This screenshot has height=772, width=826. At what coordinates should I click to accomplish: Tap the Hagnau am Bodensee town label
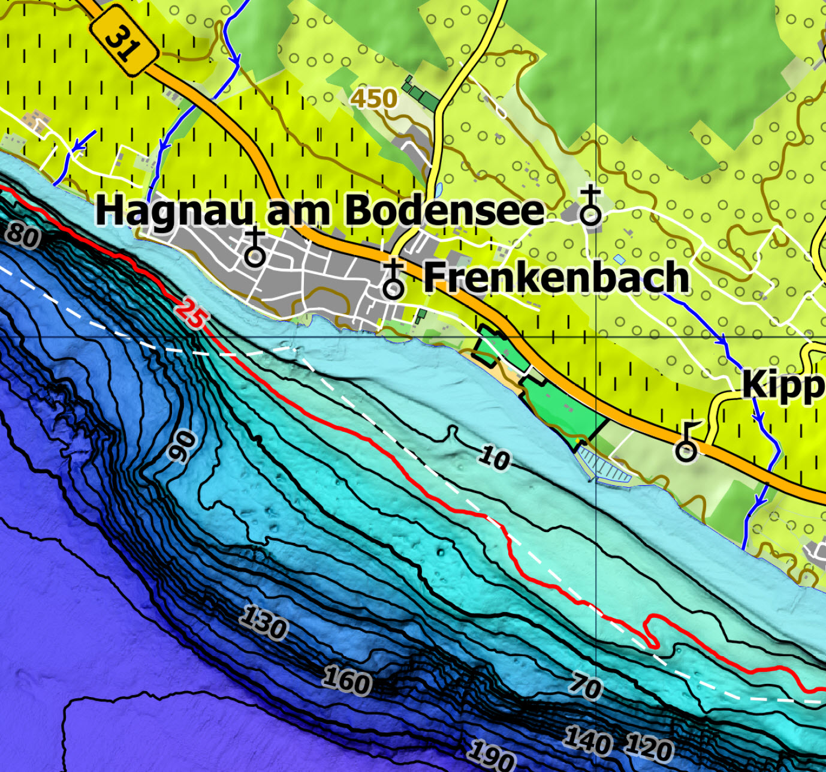point(319,210)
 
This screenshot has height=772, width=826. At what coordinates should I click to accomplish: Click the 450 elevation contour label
point(374,98)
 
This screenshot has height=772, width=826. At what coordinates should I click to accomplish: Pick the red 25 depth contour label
point(191,314)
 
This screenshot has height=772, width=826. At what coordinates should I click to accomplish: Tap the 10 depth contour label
point(495,459)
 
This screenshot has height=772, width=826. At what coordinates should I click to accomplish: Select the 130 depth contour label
point(264,623)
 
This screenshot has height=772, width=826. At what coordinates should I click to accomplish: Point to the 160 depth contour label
point(347,681)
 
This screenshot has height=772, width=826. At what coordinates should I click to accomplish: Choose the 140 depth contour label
point(587,740)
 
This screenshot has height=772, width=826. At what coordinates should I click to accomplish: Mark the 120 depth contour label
point(649,747)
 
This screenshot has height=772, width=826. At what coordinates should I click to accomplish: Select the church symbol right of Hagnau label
point(590,206)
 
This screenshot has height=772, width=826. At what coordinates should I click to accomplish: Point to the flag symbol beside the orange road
point(687,442)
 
